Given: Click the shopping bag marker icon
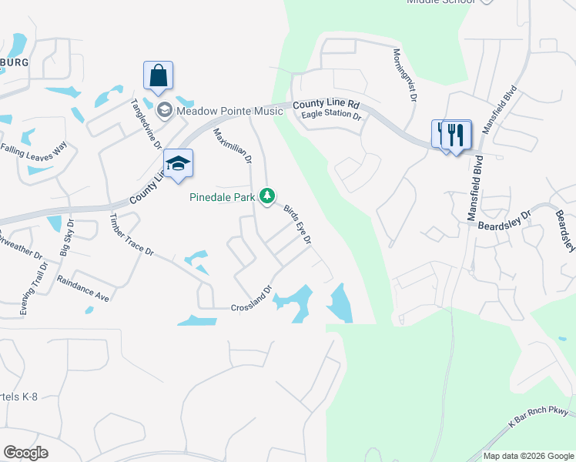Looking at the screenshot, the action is (158, 76).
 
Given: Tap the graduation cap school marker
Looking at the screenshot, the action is (177, 164).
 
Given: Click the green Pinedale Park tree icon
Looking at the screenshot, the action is (267, 197).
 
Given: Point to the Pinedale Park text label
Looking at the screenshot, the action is (223, 197).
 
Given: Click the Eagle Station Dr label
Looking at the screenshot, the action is (331, 115).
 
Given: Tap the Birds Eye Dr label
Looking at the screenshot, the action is (297, 225).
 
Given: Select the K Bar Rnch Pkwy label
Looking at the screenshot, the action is (539, 418).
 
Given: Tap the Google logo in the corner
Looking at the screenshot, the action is (25, 452).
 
